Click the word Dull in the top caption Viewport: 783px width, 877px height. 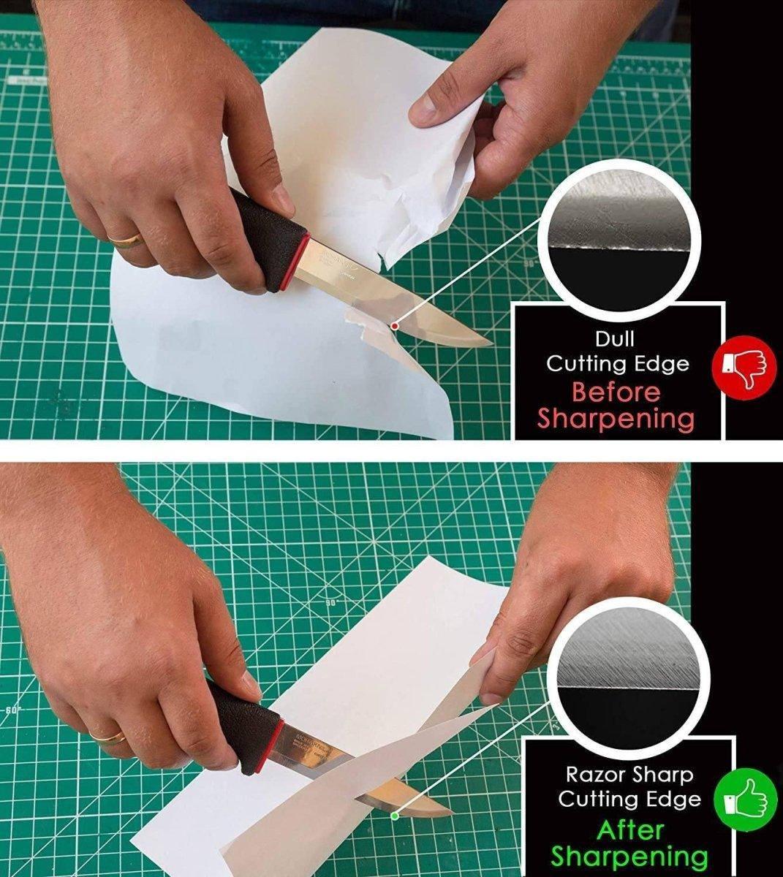click(616, 339)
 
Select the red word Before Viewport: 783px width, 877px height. click(615, 392)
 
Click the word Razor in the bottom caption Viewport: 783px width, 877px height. click(597, 773)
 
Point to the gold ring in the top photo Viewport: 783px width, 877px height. click(125, 239)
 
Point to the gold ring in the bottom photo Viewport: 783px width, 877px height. click(107, 736)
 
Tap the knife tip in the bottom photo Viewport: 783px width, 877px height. click(449, 813)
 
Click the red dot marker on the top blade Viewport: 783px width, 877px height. click(395, 325)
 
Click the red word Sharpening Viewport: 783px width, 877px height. click(615, 419)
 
